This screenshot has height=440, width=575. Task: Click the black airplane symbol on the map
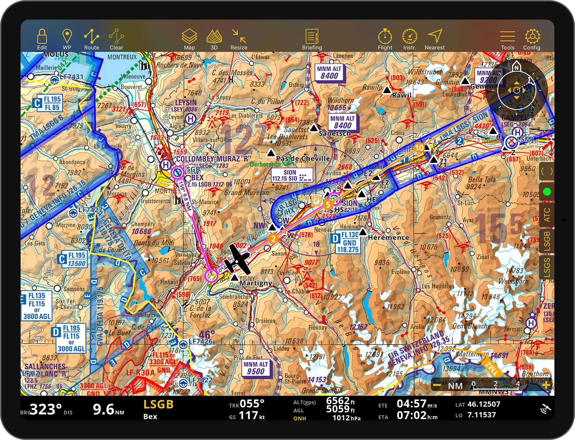(x=237, y=260)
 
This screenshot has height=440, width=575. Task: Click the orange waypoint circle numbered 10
(x=419, y=148)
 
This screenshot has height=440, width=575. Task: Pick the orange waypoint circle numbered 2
(x=273, y=239)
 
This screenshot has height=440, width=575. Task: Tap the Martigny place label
(x=256, y=283)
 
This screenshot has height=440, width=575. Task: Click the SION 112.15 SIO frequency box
(x=292, y=175)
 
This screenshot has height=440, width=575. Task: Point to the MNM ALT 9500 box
(x=256, y=368)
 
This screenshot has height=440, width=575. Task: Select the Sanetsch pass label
(x=335, y=133)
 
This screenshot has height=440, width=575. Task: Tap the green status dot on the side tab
(x=547, y=192)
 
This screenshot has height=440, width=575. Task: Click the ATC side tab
(x=547, y=215)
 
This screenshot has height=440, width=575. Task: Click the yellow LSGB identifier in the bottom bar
(x=158, y=404)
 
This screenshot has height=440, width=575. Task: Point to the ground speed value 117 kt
(x=248, y=415)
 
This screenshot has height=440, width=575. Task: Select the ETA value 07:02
(x=411, y=415)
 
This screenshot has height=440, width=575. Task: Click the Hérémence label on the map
(x=388, y=237)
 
